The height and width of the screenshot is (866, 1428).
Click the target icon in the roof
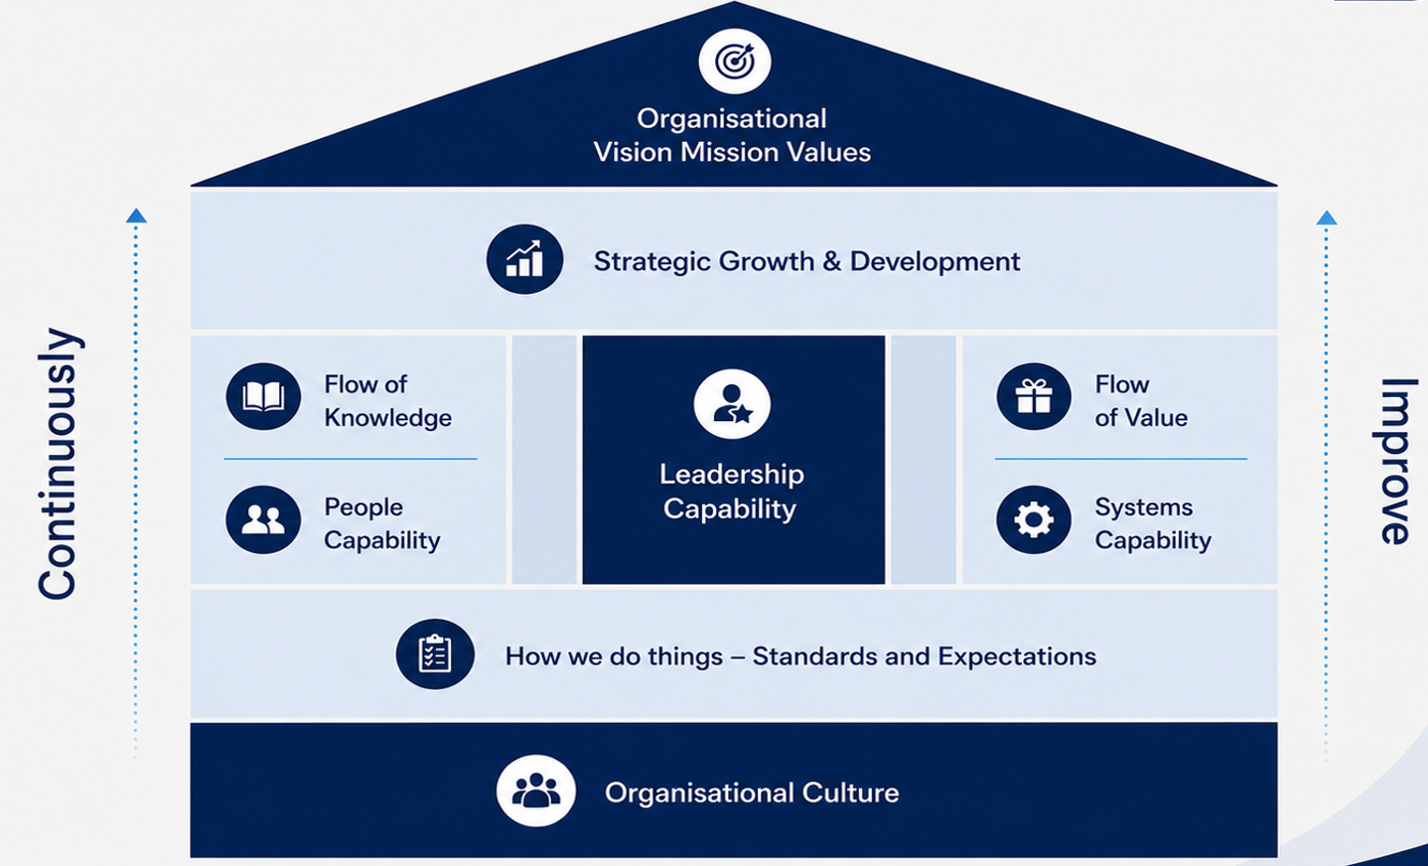(735, 62)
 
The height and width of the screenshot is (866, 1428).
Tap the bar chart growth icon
(524, 259)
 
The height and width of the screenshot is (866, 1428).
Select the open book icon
(263, 396)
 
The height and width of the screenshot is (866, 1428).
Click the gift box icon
(1034, 396)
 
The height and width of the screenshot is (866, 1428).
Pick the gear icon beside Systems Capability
(1034, 519)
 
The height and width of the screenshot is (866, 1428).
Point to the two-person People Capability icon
(263, 519)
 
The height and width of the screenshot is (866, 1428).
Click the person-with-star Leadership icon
(732, 404)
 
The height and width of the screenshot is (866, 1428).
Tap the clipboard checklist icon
(435, 654)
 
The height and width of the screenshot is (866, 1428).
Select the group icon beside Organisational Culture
(535, 792)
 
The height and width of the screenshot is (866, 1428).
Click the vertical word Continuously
(58, 464)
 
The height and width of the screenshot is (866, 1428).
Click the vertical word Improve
(1395, 462)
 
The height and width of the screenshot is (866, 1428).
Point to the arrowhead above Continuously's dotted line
(136, 216)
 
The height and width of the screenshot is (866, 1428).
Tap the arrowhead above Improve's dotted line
(1327, 217)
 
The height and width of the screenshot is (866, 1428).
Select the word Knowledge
(387, 418)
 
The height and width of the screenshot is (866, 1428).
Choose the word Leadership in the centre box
(732, 475)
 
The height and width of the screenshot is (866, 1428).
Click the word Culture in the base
(850, 793)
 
